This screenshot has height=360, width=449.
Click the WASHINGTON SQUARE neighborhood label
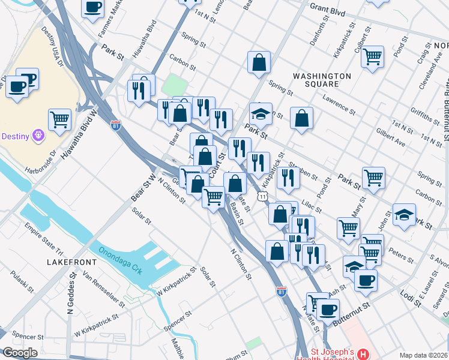click(x=322, y=80)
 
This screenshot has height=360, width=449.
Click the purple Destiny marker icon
click(x=39, y=136)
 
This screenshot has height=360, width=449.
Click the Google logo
click(x=19, y=352)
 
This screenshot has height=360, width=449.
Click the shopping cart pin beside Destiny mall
click(x=59, y=119)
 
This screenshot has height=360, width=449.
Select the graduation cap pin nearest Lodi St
click(x=354, y=266)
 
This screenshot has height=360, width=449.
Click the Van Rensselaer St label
click(x=104, y=287)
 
